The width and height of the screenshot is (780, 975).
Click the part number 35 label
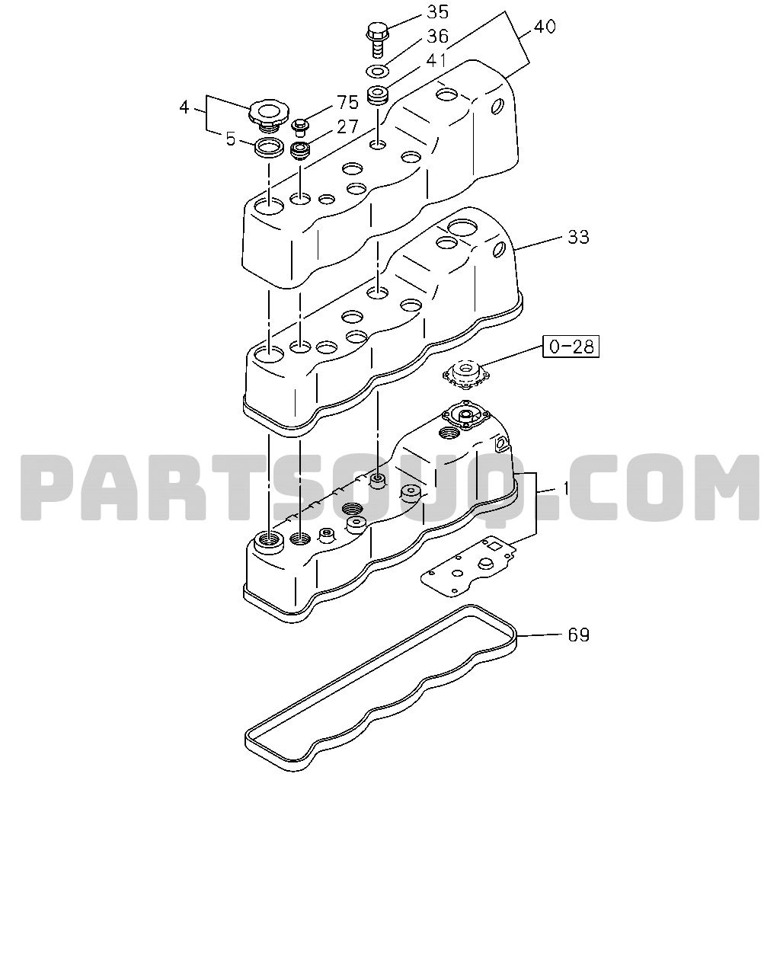pos(437,12)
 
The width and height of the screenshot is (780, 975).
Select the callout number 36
pos(437,37)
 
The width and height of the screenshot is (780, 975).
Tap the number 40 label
pos(545,27)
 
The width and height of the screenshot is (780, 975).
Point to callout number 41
pos(436,60)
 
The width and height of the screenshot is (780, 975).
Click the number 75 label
pos(347,102)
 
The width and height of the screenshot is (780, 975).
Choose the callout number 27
pos(347,127)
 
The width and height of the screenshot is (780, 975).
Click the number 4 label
pos(184,107)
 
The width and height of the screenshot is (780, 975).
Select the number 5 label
pos(231,139)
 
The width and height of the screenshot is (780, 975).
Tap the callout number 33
pos(578,237)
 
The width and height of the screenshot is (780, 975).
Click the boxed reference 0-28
pos(571,347)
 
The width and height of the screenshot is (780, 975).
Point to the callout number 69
pos(578,635)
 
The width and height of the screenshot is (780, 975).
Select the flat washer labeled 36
pos(377,71)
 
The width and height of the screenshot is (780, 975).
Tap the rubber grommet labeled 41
pos(378,96)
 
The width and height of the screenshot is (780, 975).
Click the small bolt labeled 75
pos(300,127)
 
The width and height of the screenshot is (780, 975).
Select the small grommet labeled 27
pos(299,152)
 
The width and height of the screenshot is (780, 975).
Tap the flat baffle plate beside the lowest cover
pos(468,565)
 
